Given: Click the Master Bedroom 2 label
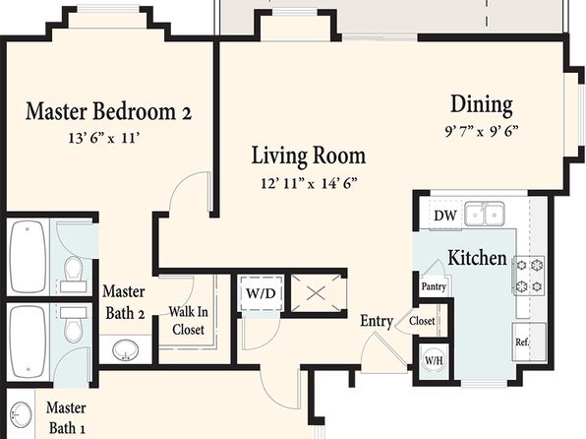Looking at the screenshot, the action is (109, 111).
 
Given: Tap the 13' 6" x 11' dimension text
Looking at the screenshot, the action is (104, 139).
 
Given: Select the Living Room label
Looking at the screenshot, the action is (309, 156).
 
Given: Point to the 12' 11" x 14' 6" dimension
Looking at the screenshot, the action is (309, 183).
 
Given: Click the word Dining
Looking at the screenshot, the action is (482, 104).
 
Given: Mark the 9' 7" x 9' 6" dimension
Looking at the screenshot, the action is (482, 131).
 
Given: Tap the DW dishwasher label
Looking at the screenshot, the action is (445, 216).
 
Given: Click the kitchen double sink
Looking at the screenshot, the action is (485, 214).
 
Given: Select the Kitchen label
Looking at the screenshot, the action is (477, 258).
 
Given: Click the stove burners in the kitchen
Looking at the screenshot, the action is (529, 276).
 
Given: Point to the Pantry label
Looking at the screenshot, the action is (434, 286).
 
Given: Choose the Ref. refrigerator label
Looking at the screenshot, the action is (522, 343).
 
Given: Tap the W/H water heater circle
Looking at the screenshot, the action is (434, 360).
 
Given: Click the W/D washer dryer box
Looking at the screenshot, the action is (261, 293).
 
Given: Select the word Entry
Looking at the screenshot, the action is (377, 321).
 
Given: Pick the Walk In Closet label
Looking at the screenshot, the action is (188, 321).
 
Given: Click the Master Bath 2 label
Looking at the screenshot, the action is (124, 302).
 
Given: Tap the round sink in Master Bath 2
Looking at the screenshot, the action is (126, 350).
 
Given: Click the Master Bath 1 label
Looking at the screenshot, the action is (67, 418).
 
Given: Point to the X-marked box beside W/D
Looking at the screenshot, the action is (316, 293).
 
